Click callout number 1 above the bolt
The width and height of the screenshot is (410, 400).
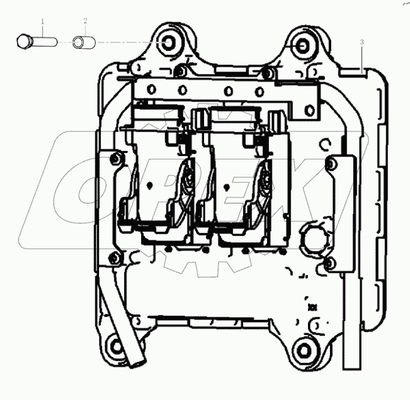pos(43,21)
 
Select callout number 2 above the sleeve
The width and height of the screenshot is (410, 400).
pos(86,21)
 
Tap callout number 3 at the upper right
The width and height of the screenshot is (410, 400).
pos(362,42)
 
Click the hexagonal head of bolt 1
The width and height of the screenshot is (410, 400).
pos(24,42)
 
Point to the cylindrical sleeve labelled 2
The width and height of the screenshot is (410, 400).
pos(84,42)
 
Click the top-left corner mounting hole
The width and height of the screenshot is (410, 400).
pos(168,43)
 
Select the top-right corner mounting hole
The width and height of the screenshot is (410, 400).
pos(302,46)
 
